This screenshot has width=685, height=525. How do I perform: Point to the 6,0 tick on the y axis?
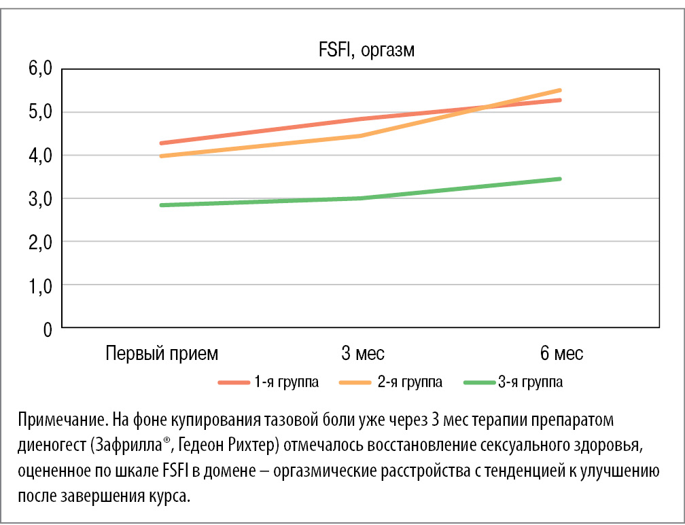(39, 69)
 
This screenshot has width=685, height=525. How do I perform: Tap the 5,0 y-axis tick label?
(39, 112)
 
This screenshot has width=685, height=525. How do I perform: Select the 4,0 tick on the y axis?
(39, 156)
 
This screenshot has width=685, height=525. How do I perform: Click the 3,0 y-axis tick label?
(39, 199)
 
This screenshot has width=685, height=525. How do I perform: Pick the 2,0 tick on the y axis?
(39, 242)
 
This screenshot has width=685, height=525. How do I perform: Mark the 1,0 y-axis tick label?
(39, 286)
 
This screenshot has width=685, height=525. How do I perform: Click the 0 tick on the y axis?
(47, 329)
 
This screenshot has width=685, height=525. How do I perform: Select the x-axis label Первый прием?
(162, 354)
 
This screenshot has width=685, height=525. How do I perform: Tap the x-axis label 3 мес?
(362, 354)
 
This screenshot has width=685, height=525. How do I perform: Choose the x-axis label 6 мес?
(561, 354)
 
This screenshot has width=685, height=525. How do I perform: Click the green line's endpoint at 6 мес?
(560, 179)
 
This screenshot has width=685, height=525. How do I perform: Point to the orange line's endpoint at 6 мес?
(560, 90)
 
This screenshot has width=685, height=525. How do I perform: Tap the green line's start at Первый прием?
(161, 205)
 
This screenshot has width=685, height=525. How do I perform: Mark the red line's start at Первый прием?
(161, 143)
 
